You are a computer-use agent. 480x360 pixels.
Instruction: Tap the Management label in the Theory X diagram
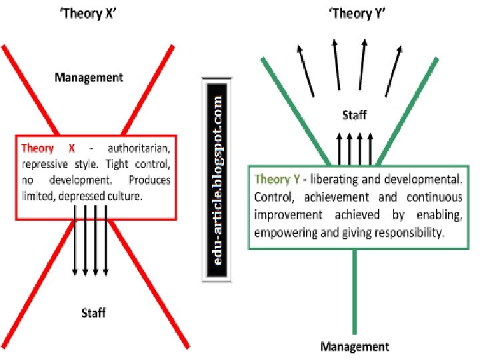(89, 77)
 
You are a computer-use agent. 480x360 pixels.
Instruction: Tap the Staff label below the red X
(93, 312)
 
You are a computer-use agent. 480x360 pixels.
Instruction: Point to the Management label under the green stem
(354, 346)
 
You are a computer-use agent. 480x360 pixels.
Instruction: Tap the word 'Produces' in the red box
(149, 180)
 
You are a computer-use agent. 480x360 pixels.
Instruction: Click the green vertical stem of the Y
(354, 293)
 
